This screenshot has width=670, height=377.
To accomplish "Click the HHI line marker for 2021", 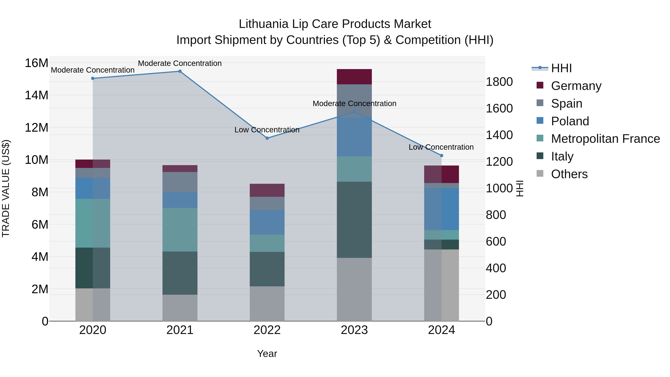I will [x=180, y=71].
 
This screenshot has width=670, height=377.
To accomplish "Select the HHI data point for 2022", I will [x=267, y=138].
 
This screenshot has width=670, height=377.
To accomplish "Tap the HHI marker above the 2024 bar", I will [x=441, y=156].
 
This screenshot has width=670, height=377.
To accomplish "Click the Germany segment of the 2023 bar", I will [x=354, y=77].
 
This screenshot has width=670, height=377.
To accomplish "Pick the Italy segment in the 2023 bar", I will [x=354, y=220].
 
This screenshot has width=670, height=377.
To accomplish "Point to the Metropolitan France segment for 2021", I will [x=180, y=230].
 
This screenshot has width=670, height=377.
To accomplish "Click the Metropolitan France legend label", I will [x=605, y=139].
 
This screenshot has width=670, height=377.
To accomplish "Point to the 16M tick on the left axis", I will [x=36, y=63].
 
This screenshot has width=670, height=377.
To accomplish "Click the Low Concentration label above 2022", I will [x=267, y=130].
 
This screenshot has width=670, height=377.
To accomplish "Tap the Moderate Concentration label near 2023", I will [x=354, y=104].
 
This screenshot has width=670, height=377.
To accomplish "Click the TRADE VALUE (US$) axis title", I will [x=6, y=188].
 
